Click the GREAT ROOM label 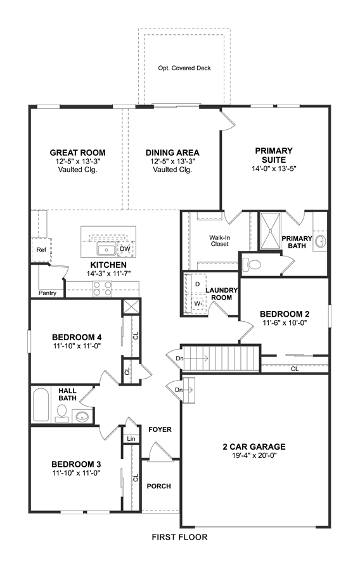77,153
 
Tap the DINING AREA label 172,153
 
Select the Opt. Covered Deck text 184,68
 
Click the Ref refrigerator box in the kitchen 41,250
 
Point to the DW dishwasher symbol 125,249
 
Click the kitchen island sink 106,250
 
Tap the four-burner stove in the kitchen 102,289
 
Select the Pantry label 48,293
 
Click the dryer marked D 198,284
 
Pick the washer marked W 198,303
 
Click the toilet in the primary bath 252,264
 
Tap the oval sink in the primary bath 320,241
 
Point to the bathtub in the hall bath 41,405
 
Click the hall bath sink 80,416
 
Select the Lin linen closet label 131,439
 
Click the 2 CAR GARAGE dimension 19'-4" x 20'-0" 254,455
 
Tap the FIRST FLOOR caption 179,537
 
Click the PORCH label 159,486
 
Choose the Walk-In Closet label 220,241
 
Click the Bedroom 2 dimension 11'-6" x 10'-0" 285,322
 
